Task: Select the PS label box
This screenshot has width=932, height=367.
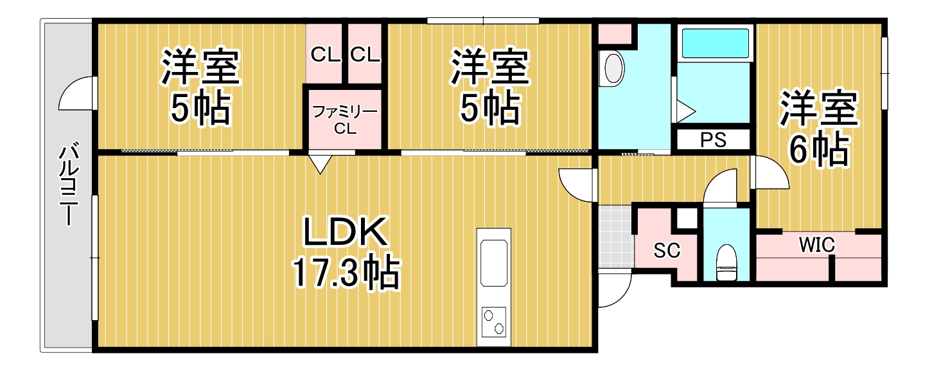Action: (712, 140)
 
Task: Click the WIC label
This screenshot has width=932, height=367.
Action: (816, 244)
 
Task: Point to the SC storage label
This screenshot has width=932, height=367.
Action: (667, 251)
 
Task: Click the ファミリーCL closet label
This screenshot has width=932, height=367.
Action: (344, 120)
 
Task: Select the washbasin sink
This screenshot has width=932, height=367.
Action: (613, 68)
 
